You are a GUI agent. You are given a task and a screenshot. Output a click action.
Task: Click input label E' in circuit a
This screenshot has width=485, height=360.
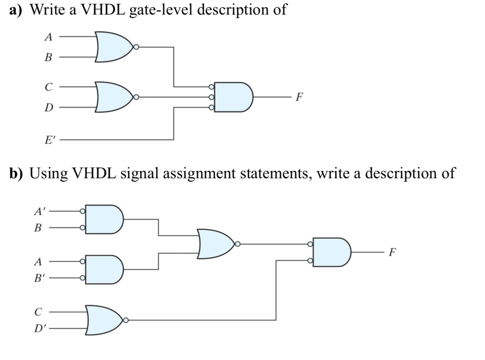point(49,140)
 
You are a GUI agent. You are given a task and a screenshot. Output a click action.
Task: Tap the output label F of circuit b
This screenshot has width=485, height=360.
point(393,252)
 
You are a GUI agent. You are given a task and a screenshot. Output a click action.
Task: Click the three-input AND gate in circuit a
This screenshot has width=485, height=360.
point(233,97)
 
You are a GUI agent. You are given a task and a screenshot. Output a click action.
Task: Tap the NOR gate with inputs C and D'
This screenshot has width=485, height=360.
point(104,320)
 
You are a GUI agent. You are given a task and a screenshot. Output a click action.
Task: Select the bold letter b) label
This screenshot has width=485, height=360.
point(16,173)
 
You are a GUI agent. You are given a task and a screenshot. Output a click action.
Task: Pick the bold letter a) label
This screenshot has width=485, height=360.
point(16,9)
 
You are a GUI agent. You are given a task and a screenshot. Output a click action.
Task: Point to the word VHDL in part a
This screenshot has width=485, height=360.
point(103,9)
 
